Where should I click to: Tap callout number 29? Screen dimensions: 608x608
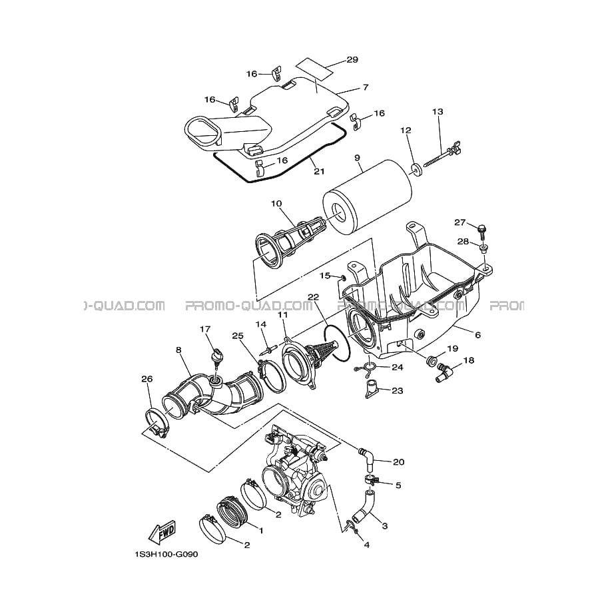(x=352, y=60)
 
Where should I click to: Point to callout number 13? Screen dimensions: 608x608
(x=438, y=112)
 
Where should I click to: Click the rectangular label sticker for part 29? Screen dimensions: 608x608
(x=315, y=67)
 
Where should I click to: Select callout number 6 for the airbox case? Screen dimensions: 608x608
(x=477, y=334)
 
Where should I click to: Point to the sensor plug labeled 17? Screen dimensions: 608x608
(x=216, y=353)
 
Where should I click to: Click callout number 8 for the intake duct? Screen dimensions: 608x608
(x=178, y=350)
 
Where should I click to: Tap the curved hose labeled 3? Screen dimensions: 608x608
(x=364, y=505)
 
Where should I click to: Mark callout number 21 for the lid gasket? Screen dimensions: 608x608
(x=319, y=171)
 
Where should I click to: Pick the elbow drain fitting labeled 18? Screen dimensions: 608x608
(x=444, y=373)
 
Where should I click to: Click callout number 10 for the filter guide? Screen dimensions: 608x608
(x=277, y=204)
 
